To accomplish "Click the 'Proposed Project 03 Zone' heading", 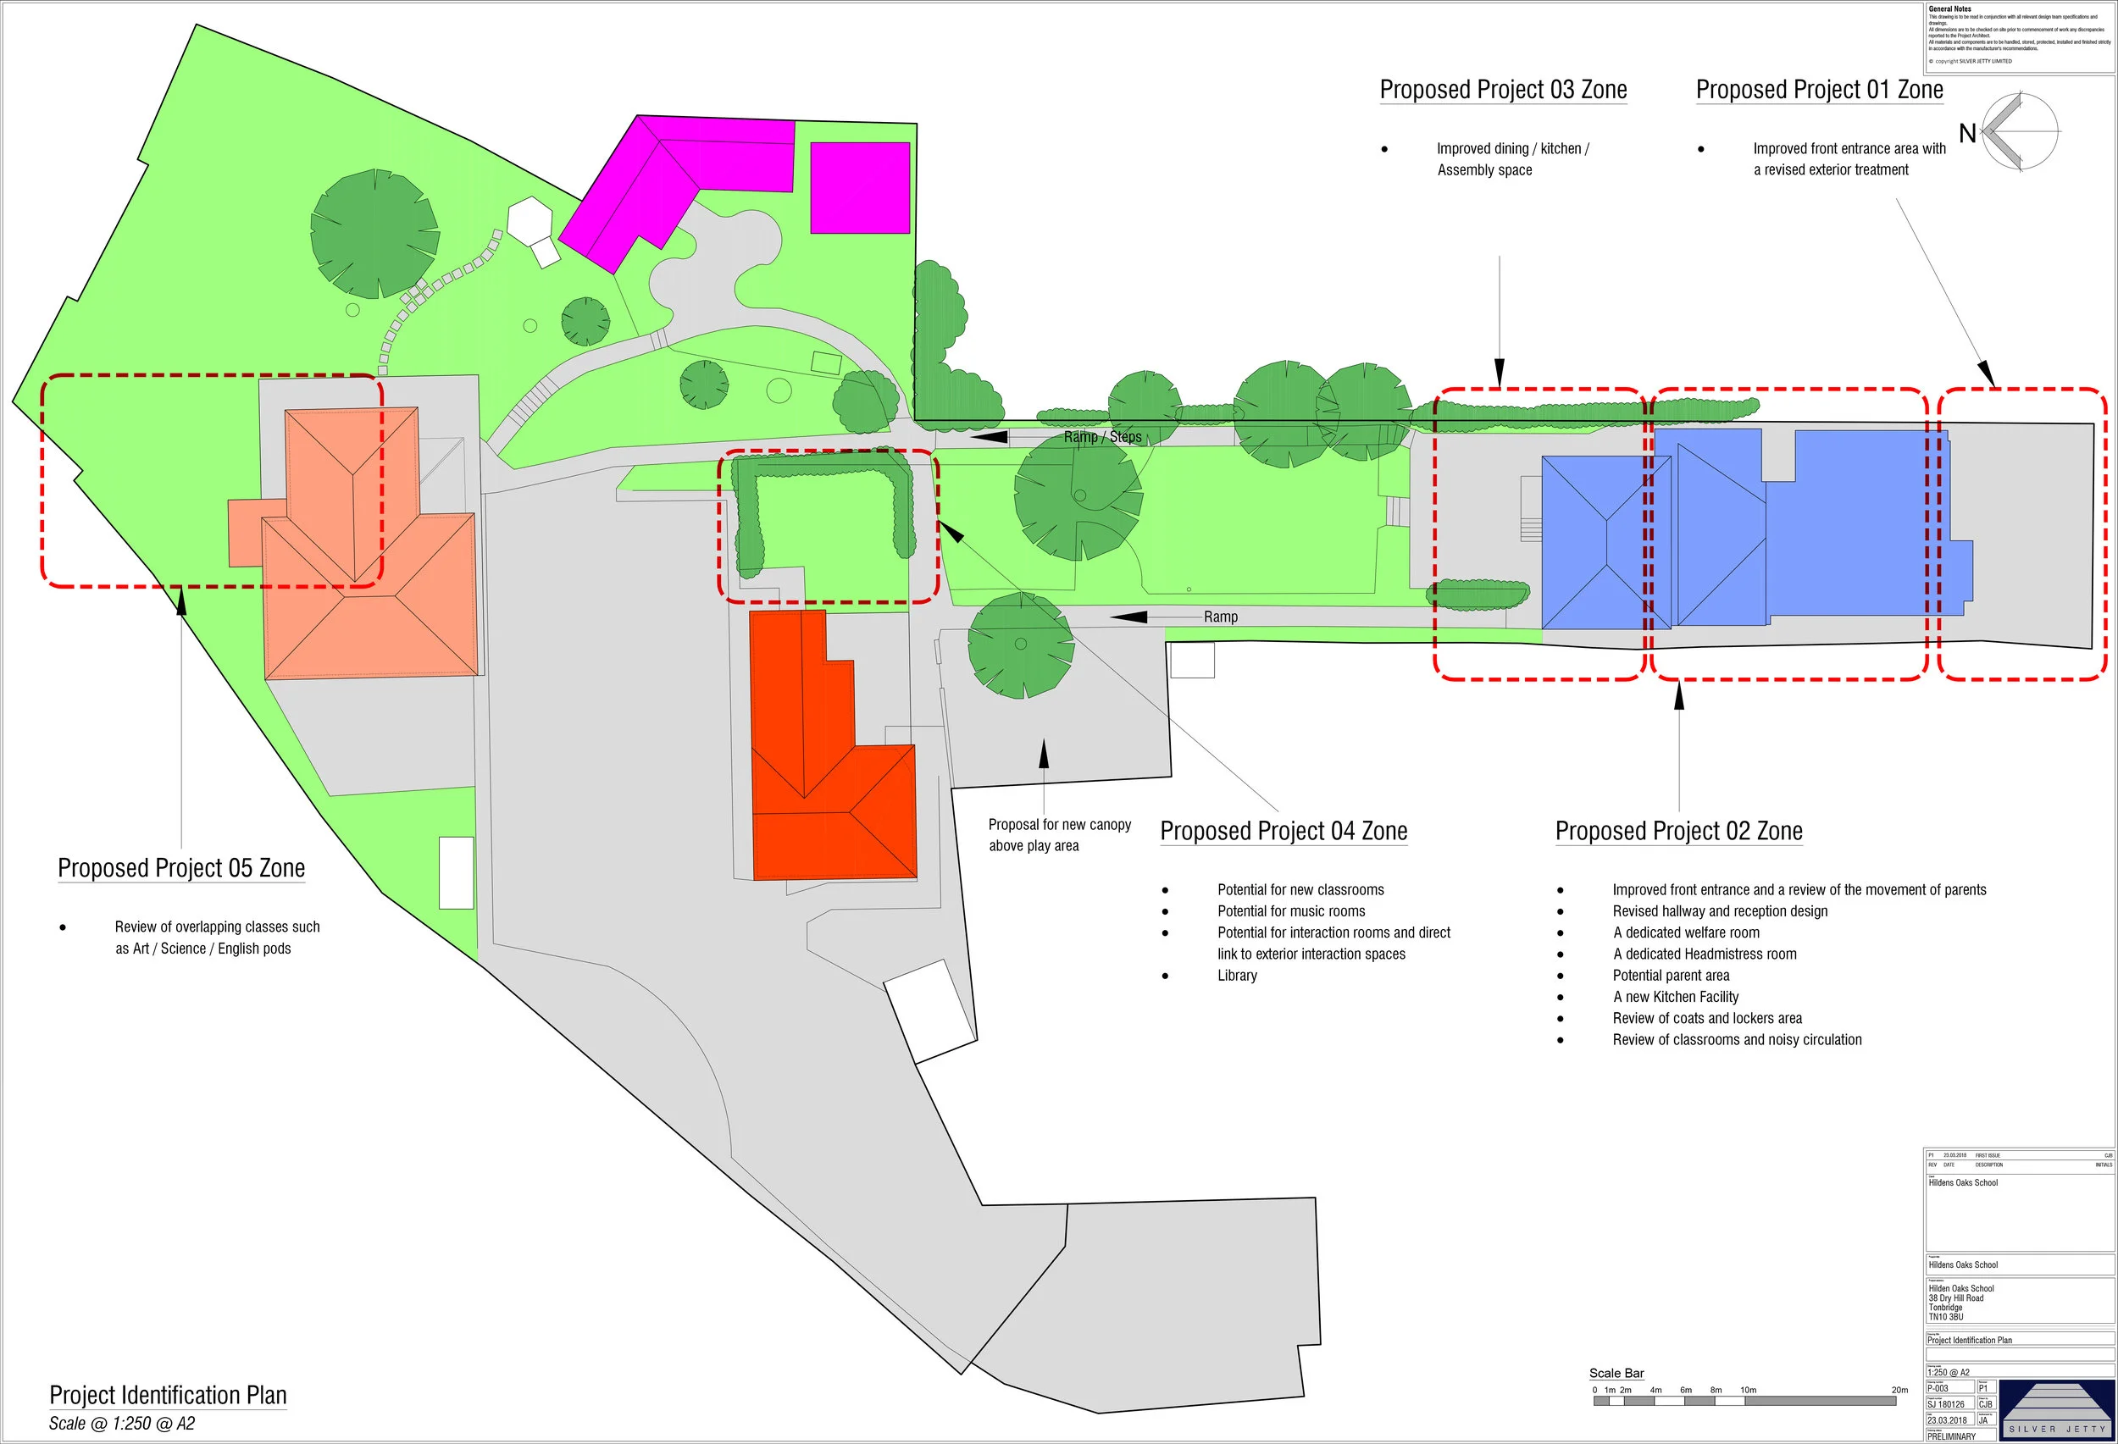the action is (x=1503, y=90).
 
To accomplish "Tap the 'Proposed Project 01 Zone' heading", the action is (x=1819, y=90).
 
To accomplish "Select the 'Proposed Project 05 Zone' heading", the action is (x=181, y=868).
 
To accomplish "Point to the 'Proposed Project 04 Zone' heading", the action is (x=1284, y=831).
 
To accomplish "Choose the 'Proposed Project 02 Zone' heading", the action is (x=1678, y=831).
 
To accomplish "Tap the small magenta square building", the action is (x=859, y=188).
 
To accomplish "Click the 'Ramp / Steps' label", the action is (x=1102, y=437).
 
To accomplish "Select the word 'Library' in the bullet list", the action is (x=1237, y=976).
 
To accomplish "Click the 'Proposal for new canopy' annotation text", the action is (x=1059, y=826).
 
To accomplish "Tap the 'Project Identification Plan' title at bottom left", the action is (x=168, y=1395).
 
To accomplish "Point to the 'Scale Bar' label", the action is (x=1616, y=1373).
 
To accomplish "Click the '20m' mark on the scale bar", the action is (x=1899, y=1391).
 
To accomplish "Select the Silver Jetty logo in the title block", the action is (x=2055, y=1410).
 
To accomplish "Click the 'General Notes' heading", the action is (x=1949, y=9).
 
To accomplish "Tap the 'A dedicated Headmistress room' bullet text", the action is (x=1705, y=954).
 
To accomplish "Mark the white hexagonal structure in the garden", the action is (x=529, y=219).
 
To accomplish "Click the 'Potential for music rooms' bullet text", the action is (x=1290, y=911).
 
